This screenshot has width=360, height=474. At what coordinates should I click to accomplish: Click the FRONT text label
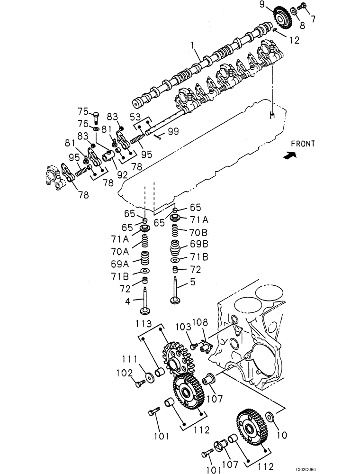(x=303, y=143)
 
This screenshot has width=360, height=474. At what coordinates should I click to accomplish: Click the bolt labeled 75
(x=96, y=115)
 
